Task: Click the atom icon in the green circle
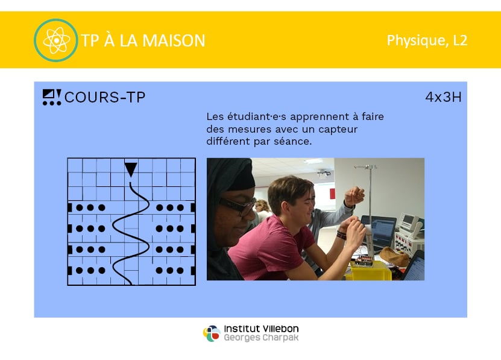click(56, 40)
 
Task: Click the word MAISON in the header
click(174, 40)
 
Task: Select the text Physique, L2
click(427, 40)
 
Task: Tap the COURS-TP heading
click(105, 97)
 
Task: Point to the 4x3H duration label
click(443, 97)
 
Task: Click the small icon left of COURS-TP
click(52, 97)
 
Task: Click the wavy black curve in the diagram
click(130, 233)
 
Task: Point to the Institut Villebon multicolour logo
click(212, 333)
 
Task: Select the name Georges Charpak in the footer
click(261, 338)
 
